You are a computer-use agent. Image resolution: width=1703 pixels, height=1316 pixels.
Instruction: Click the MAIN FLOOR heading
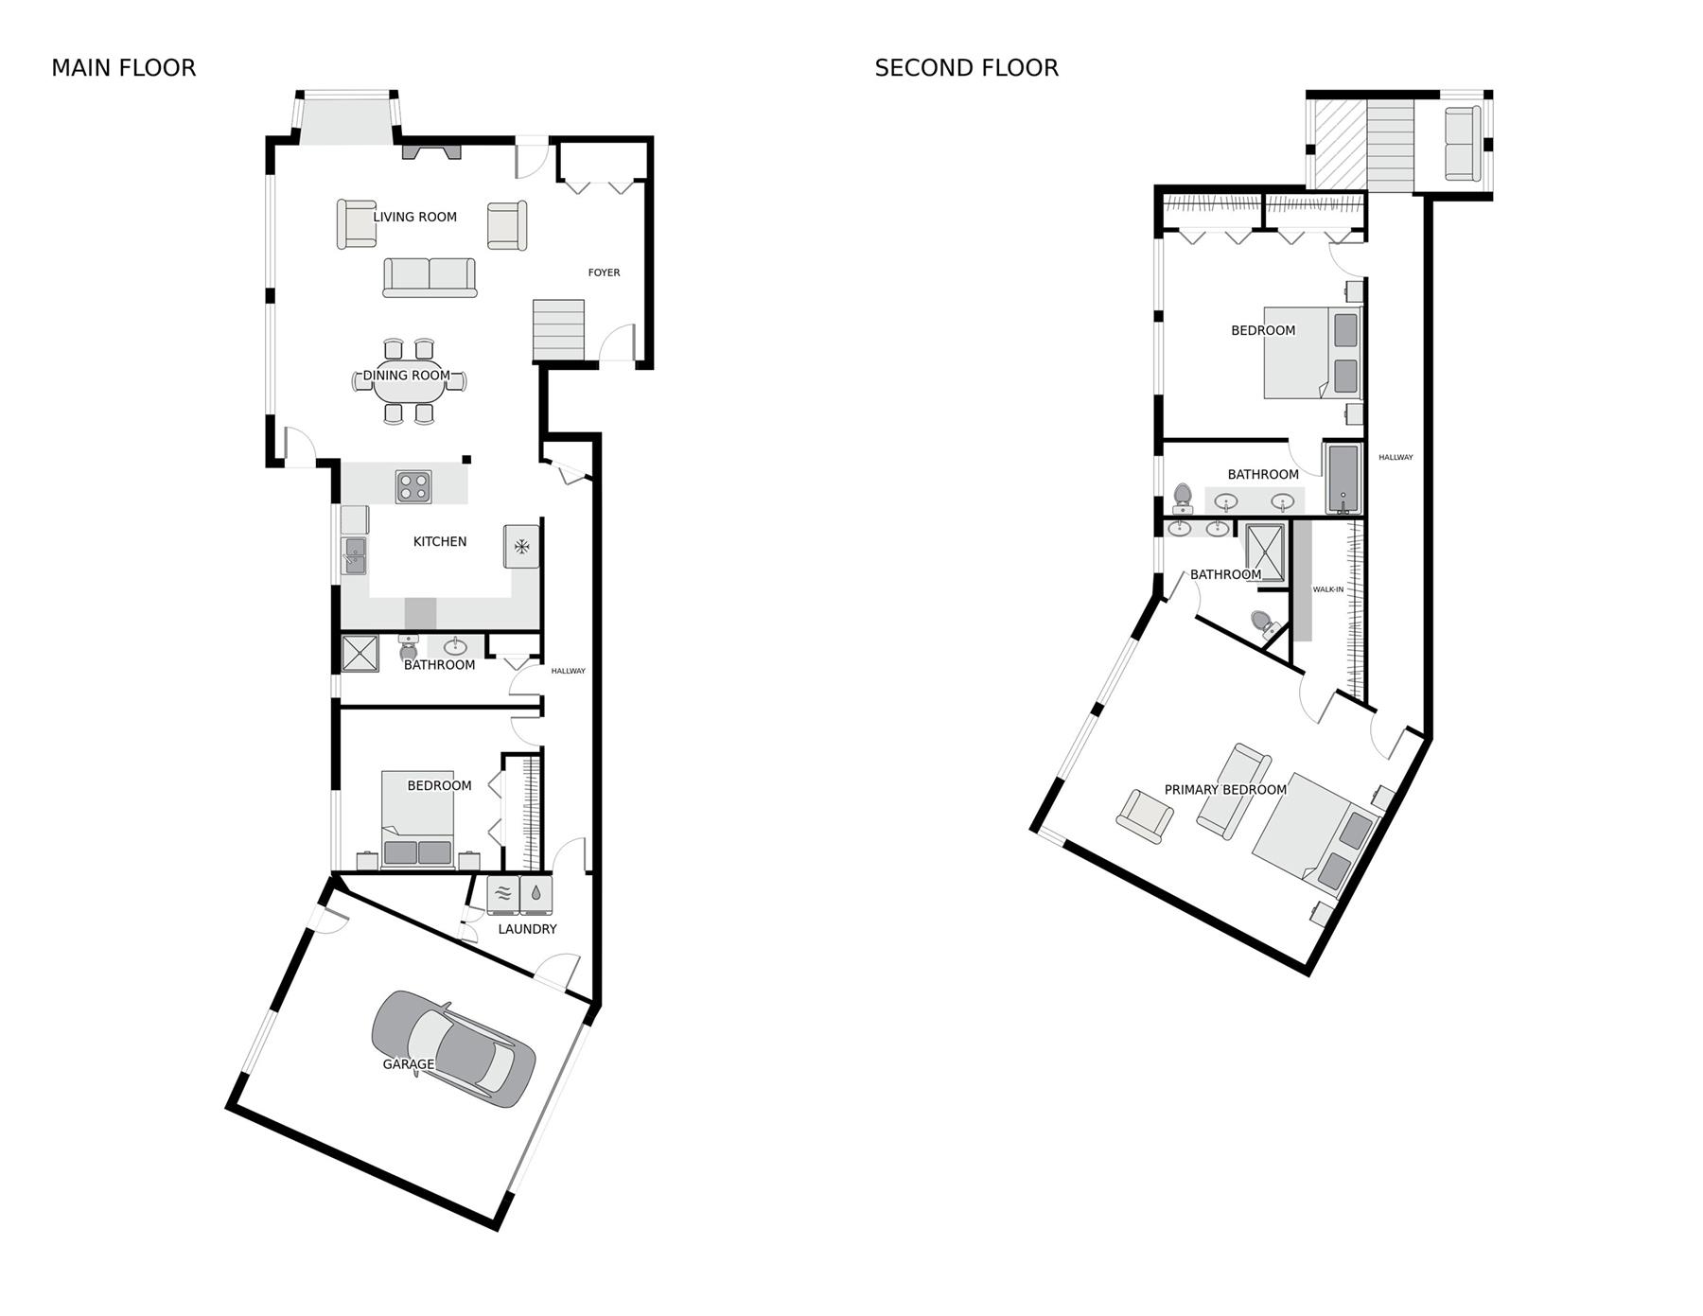123,68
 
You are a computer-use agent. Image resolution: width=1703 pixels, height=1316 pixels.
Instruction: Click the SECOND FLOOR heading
966,68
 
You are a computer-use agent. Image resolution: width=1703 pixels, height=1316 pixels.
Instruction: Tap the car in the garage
453,1049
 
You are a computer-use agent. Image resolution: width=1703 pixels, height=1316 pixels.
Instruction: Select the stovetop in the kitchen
413,487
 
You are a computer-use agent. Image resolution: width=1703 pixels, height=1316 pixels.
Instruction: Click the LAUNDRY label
527,929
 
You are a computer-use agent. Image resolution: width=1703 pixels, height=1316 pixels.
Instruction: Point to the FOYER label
604,272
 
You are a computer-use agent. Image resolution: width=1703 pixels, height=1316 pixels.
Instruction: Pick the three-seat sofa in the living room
430,277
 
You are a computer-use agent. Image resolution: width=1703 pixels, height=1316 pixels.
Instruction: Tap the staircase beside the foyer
558,329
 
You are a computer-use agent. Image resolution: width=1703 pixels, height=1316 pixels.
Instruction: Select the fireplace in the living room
431,150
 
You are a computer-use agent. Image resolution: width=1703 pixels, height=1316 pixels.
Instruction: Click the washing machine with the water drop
535,894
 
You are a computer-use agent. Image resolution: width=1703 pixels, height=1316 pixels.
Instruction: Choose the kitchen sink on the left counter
355,555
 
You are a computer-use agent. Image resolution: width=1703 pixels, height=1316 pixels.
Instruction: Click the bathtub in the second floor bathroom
1343,478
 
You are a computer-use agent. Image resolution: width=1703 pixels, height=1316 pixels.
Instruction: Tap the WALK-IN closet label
1327,589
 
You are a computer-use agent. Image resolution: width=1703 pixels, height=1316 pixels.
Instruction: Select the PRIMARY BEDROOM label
1225,790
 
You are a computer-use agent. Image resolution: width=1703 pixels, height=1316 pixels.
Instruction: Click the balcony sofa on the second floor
1462,144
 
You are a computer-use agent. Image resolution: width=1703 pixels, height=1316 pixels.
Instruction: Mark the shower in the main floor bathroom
360,653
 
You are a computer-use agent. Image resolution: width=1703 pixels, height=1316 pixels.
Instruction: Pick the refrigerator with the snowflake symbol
521,546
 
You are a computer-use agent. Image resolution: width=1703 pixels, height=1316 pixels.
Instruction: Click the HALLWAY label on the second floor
1396,458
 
